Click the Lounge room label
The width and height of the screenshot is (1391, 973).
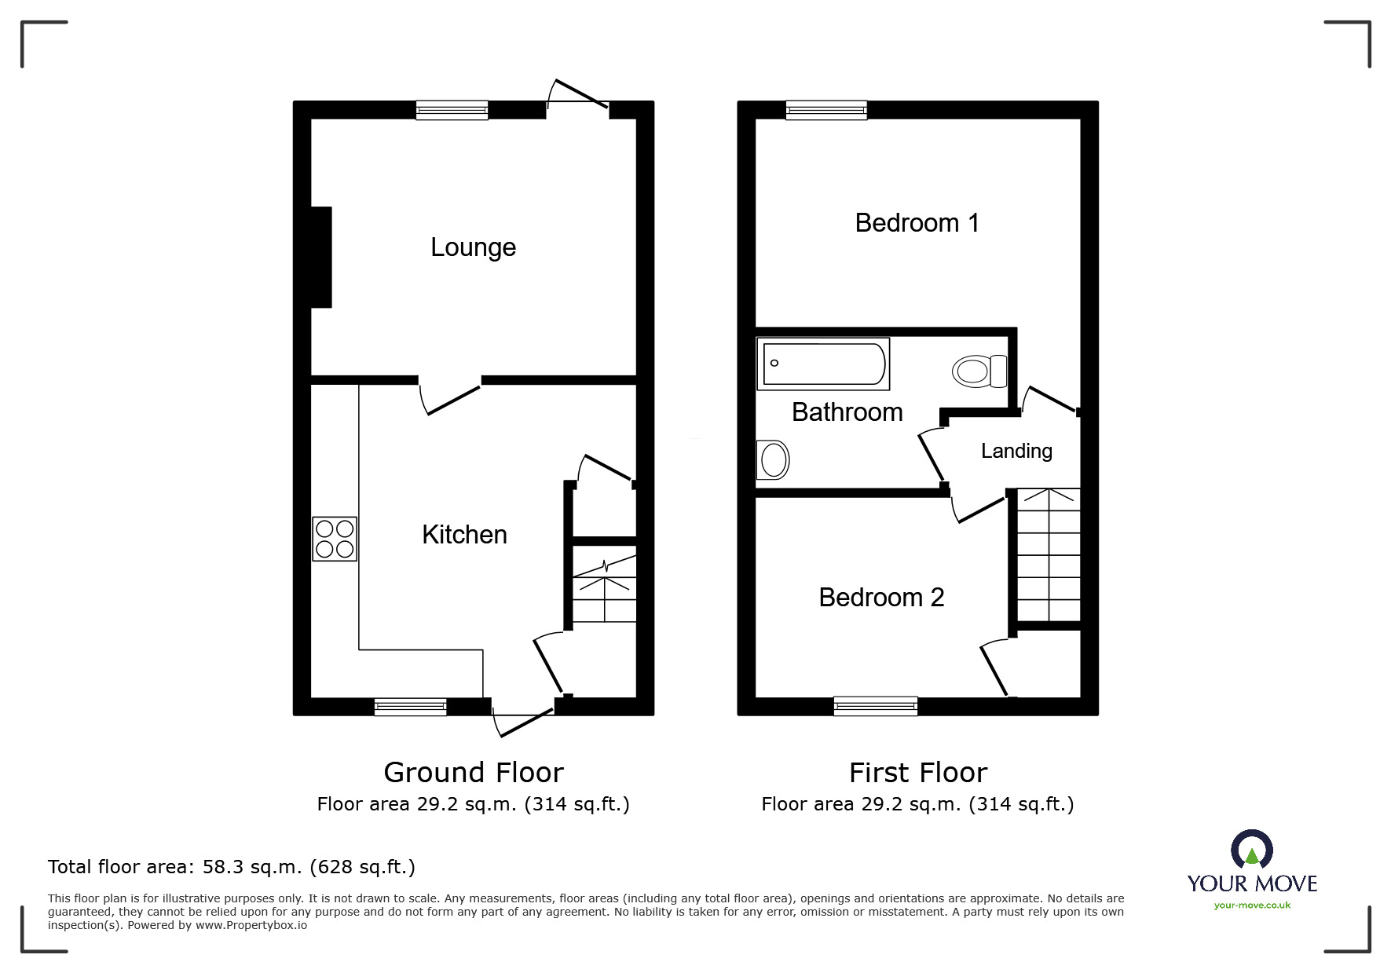(473, 247)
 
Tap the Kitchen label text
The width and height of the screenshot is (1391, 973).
(464, 535)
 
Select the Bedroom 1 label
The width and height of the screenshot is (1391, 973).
(917, 223)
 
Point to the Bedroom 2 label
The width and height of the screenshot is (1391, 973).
(881, 598)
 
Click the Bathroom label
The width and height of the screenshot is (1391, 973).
(847, 412)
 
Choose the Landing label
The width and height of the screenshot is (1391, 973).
(1016, 452)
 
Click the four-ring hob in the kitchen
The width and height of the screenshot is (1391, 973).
(335, 539)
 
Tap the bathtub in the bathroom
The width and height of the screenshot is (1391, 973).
(823, 364)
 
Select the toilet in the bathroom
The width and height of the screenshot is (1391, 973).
(979, 371)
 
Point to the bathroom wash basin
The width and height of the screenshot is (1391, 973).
(773, 459)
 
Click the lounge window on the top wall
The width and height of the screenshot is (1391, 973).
(452, 110)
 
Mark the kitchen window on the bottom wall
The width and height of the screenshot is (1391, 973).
(410, 707)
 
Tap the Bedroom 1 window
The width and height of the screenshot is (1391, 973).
(826, 110)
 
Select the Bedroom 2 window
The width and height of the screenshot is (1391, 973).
(876, 707)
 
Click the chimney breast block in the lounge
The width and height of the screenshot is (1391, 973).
(321, 257)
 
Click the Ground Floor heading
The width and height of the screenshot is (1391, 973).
(474, 773)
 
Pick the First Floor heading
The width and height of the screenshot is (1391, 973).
(917, 773)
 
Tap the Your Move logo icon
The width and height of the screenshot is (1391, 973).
(1252, 850)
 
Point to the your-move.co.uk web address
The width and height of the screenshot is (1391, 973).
(1252, 905)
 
